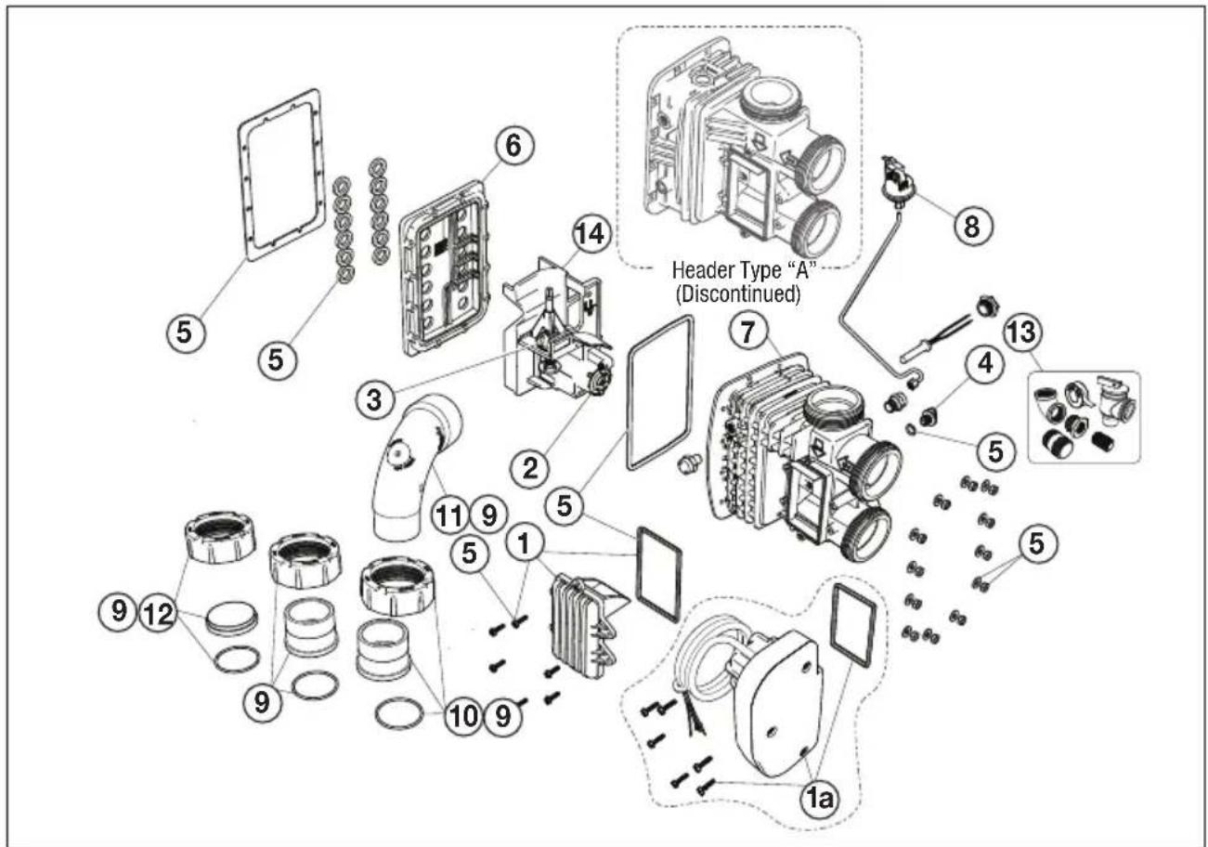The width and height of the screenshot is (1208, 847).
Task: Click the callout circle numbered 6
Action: pos(513,145)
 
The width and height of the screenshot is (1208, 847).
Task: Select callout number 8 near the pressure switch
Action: pos(971,226)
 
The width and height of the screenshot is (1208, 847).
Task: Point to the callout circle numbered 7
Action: pos(747,332)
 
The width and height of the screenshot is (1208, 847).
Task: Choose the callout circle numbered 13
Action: pos(1022,332)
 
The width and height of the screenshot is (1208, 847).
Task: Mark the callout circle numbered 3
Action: pos(374,399)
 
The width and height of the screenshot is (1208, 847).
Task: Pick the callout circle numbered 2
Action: pos(531,467)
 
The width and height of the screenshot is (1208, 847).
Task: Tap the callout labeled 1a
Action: pos(819,799)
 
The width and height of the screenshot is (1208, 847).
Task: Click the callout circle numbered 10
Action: pos(462,716)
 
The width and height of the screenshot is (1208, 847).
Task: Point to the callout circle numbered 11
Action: pos(449,516)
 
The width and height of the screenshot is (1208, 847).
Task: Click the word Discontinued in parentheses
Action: pos(738,294)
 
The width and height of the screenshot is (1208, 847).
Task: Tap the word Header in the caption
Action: pos(700,269)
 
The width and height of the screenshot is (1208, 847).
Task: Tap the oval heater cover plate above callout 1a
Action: pos(781,704)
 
